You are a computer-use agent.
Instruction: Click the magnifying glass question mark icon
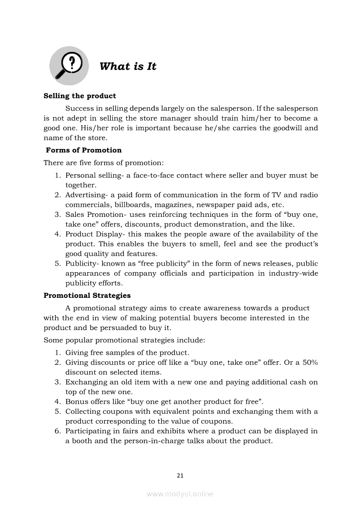tap(68, 66)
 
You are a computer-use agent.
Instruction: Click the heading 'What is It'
tap(128, 67)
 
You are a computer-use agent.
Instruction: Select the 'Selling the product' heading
tap(80, 96)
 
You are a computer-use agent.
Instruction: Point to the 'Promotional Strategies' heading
tap(87, 296)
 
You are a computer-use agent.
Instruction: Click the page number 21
tap(180, 475)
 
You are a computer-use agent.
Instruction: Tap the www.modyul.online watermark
tap(180, 494)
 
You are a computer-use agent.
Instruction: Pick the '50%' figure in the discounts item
tap(309, 362)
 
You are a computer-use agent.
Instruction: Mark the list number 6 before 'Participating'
tap(57, 431)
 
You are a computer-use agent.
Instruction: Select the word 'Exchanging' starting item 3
tap(85, 382)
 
